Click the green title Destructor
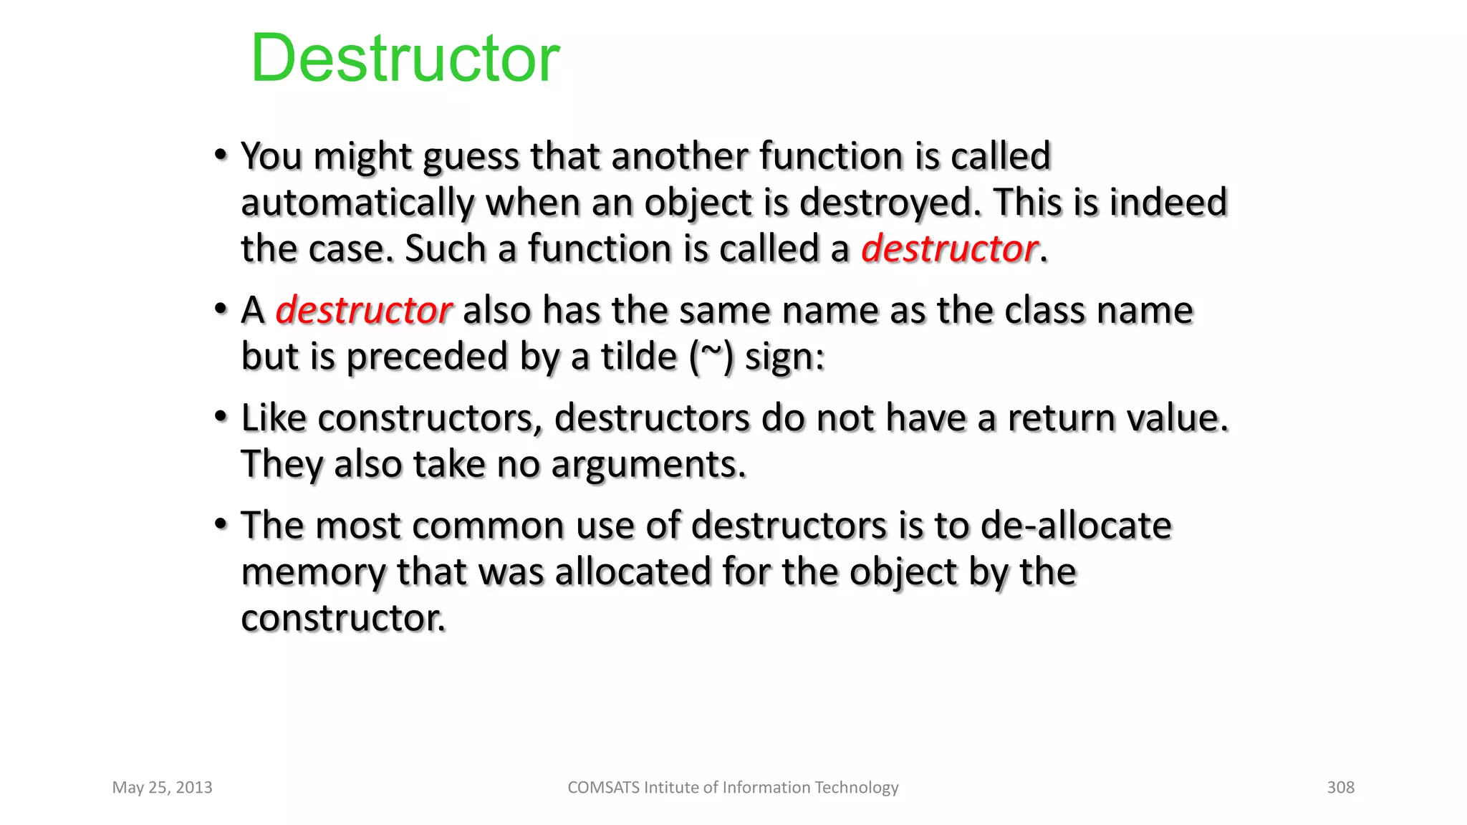pyautogui.click(x=405, y=59)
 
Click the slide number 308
pyautogui.click(x=1340, y=787)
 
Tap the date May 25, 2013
pyautogui.click(x=163, y=787)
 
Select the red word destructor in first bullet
pyautogui.click(x=949, y=249)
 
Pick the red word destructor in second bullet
pyautogui.click(x=363, y=311)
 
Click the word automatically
pyautogui.click(x=357, y=203)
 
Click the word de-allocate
pyautogui.click(x=1075, y=526)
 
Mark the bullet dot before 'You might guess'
pyautogui.click(x=221, y=155)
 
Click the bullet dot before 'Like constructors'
pyautogui.click(x=221, y=416)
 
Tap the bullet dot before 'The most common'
pyautogui.click(x=221, y=524)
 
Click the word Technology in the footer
pyautogui.click(x=856, y=787)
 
